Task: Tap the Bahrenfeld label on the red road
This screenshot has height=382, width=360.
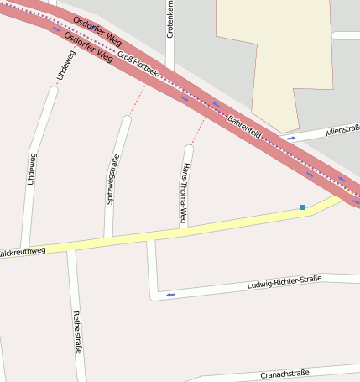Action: pos(245,127)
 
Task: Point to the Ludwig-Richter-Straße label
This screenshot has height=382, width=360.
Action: pos(284,283)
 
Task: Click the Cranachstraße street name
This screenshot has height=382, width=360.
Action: pos(285,373)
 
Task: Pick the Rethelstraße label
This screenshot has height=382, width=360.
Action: pos(78,331)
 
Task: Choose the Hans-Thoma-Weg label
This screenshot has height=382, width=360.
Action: pos(184,195)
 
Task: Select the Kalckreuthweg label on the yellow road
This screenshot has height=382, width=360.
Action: pos(20,251)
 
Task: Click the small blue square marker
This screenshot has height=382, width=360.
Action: pos(302,207)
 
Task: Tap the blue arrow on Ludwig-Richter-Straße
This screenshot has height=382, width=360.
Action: pos(170,294)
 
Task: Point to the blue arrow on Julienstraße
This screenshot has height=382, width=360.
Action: pos(291,138)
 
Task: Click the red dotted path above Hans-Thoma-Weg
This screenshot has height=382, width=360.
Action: pos(198,131)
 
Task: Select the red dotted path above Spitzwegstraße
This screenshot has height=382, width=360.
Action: pos(137,101)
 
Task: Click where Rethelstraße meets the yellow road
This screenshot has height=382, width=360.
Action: pos(71,247)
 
